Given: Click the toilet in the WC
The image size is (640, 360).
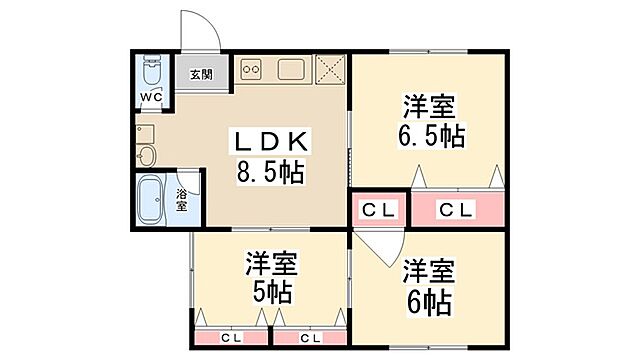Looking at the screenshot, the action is tap(152, 73).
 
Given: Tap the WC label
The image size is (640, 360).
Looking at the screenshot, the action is tap(151, 96).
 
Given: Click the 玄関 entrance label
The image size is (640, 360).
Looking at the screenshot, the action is tap(200, 74).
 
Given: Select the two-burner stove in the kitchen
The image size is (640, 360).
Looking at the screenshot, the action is tap(251, 70).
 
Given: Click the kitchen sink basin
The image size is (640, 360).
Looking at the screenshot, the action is tap(292, 70).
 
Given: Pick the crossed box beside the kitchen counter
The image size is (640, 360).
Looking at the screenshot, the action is tap(329, 69).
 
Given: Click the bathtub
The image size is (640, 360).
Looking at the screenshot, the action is tap(153, 199).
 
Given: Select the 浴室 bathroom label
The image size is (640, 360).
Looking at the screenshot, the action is tap(182, 199).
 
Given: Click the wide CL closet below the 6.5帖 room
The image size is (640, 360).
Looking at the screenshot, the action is tap(456, 210).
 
